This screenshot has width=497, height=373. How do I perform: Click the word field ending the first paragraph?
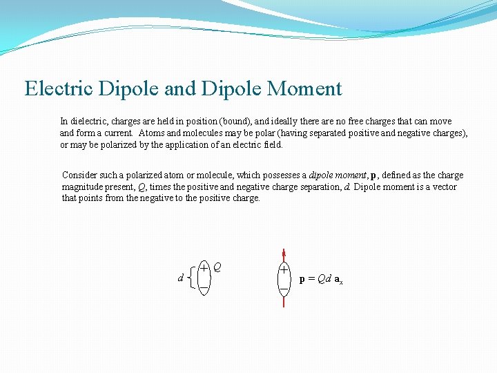(x=271, y=145)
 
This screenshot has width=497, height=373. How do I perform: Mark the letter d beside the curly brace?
(x=180, y=278)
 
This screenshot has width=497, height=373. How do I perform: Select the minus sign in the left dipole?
(x=204, y=288)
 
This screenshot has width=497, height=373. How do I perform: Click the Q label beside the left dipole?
(x=217, y=266)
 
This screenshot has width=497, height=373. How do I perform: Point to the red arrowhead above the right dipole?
(x=284, y=254)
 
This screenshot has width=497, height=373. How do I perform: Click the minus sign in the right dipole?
(x=284, y=289)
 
